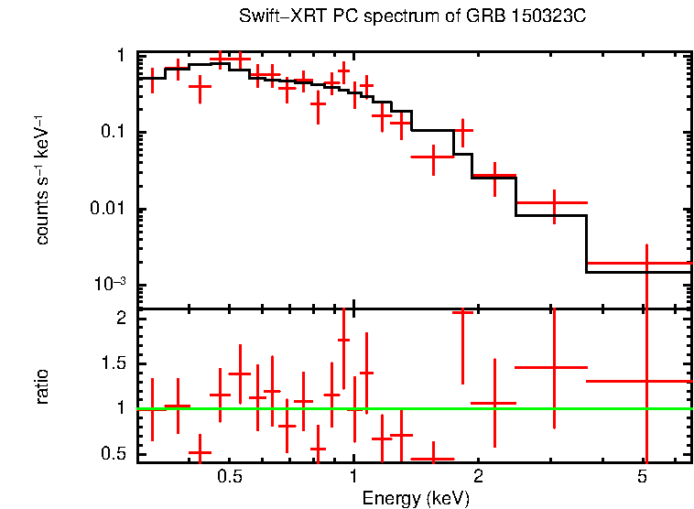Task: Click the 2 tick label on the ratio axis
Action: (x=121, y=319)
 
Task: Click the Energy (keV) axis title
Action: (x=416, y=498)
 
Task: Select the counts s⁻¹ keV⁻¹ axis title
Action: (x=42, y=179)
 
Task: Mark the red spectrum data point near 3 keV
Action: (x=553, y=202)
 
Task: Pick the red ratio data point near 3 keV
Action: (x=553, y=367)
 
